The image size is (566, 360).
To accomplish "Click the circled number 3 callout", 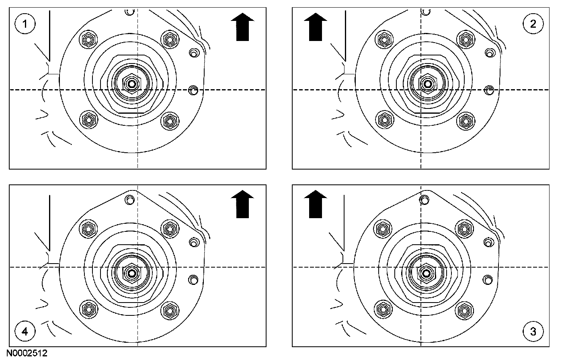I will [533, 331].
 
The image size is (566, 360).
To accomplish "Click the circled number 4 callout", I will [25, 331].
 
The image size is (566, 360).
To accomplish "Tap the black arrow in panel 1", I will [243, 28].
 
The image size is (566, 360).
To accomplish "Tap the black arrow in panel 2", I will [316, 28].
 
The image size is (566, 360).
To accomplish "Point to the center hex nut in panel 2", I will [427, 84].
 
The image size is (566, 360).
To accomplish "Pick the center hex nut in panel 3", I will [427, 273].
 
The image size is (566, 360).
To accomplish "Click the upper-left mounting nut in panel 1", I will [88, 39].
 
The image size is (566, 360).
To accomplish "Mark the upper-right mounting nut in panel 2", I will [465, 39].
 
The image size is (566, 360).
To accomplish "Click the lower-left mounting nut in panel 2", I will [385, 120].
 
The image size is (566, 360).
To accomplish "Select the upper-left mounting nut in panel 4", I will [88, 229].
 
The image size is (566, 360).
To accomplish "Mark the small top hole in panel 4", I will [129, 199].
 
